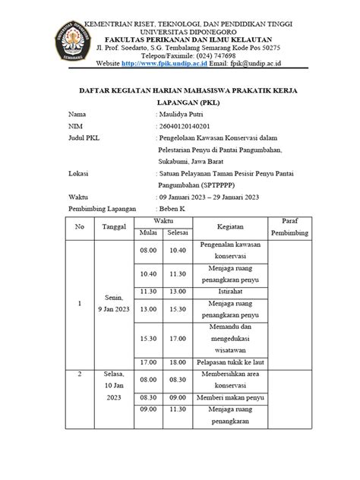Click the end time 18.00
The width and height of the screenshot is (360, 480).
point(178,363)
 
